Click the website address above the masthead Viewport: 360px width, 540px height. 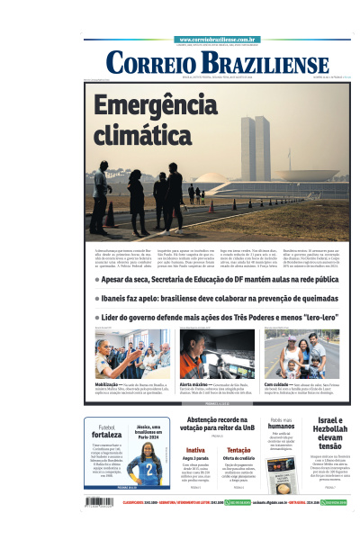[219, 40]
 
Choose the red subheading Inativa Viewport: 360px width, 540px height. [195, 449]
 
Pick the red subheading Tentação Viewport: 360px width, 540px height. [239, 449]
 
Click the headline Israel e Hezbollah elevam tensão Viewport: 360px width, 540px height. [330, 433]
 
